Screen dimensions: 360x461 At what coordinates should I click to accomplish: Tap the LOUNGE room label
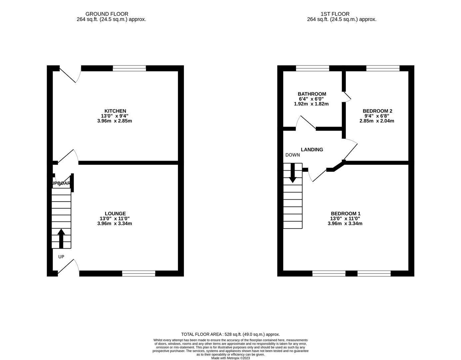[115, 214]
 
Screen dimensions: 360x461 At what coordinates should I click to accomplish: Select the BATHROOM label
[312, 94]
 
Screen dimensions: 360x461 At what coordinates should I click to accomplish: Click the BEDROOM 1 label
[345, 214]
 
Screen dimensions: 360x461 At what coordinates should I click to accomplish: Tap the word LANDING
[312, 150]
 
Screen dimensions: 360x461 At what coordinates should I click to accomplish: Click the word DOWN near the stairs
[292, 155]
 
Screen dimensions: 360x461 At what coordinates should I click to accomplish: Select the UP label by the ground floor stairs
[61, 257]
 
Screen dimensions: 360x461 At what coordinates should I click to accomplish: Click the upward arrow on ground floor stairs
[61, 238]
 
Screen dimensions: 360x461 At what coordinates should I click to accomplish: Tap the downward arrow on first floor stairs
[292, 173]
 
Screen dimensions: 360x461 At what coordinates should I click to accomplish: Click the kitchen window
[129, 68]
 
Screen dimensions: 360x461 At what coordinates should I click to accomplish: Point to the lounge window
[139, 274]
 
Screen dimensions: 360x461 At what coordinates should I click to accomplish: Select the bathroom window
[312, 68]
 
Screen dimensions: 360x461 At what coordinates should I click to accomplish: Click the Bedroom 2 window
[383, 68]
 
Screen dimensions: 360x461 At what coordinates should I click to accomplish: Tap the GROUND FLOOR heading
[107, 14]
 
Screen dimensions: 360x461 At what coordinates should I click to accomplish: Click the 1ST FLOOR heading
[335, 14]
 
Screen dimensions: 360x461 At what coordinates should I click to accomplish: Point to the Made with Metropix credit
[230, 358]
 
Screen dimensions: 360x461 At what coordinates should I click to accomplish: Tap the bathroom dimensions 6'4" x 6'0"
[311, 99]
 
